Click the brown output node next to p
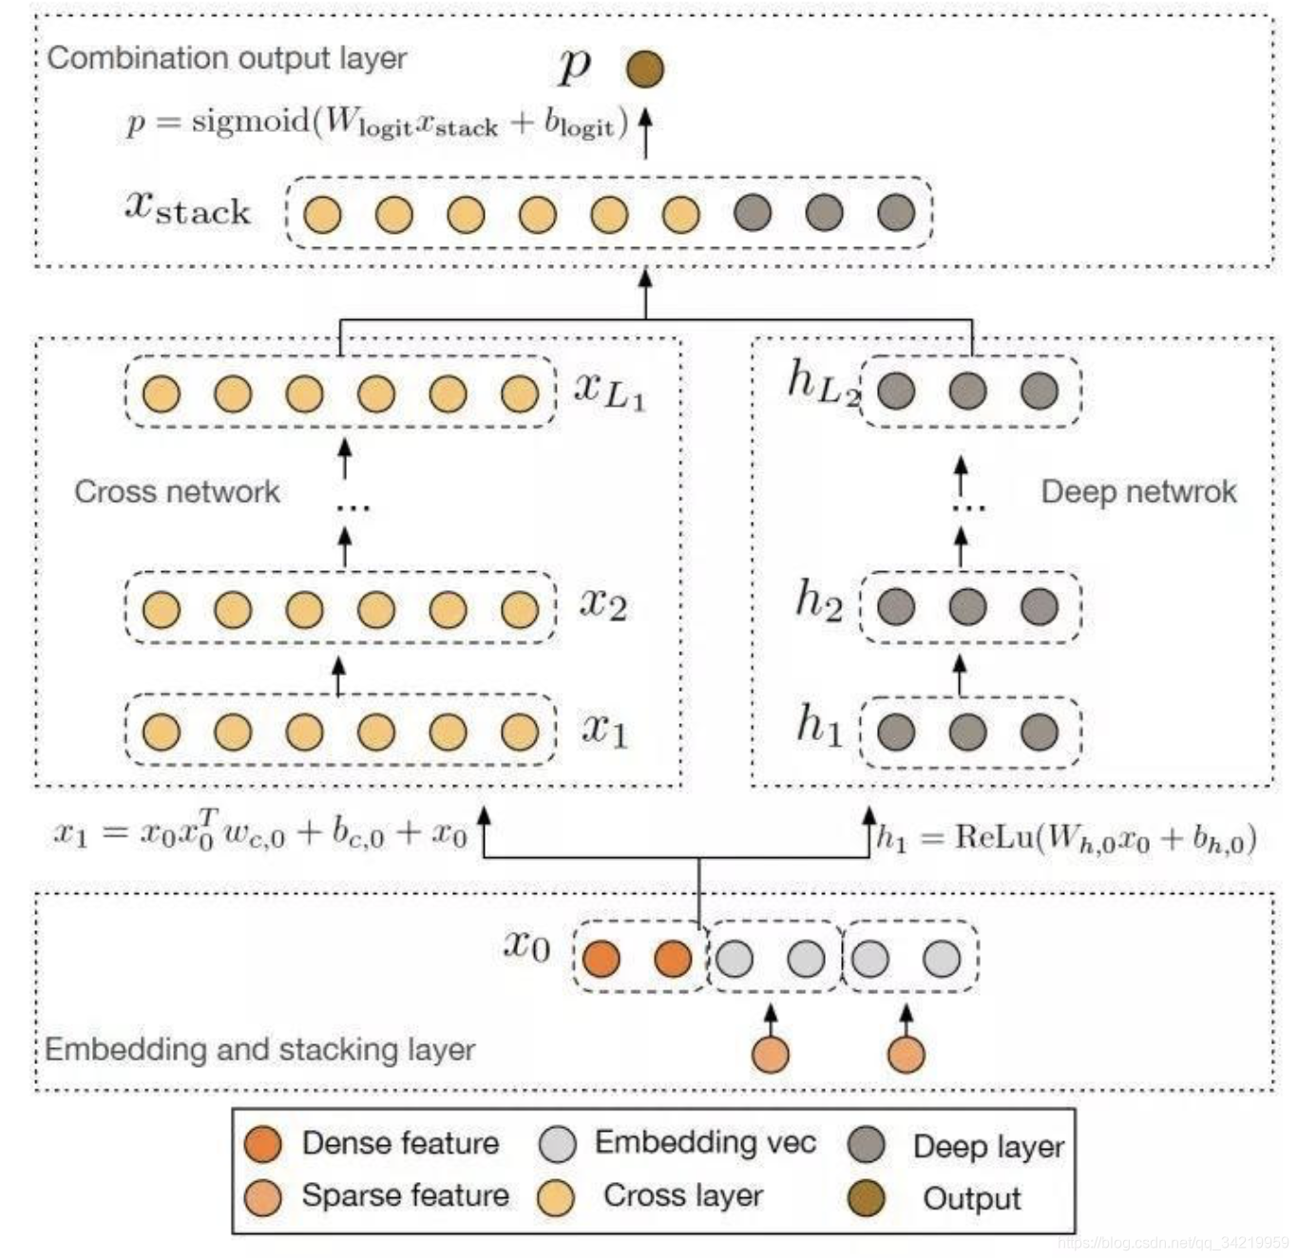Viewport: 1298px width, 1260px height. pyautogui.click(x=645, y=68)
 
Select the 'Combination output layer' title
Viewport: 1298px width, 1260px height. pyautogui.click(x=227, y=58)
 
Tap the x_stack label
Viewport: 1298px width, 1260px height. pyautogui.click(x=187, y=207)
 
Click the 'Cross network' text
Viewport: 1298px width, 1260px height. pyautogui.click(x=177, y=491)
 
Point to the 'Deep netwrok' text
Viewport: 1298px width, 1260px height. pyautogui.click(x=1138, y=491)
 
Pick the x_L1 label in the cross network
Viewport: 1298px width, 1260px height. pyautogui.click(x=609, y=390)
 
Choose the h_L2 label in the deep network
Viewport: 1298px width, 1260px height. pyautogui.click(x=822, y=383)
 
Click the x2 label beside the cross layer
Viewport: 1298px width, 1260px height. pyautogui.click(x=603, y=604)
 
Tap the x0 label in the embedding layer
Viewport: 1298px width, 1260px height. pyautogui.click(x=526, y=945)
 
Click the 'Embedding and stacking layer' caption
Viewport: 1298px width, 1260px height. pyautogui.click(x=259, y=1049)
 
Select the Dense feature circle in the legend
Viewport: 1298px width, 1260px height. pyautogui.click(x=262, y=1144)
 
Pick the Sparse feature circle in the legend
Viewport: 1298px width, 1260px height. pyautogui.click(x=262, y=1197)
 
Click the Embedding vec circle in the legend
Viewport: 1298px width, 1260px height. pyautogui.click(x=557, y=1144)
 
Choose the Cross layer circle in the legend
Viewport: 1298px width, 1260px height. pyautogui.click(x=555, y=1198)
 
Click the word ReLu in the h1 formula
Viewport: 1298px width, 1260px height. pyautogui.click(x=994, y=837)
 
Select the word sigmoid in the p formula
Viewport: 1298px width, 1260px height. pyautogui.click(x=252, y=122)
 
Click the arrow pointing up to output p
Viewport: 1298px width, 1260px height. pyautogui.click(x=645, y=133)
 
